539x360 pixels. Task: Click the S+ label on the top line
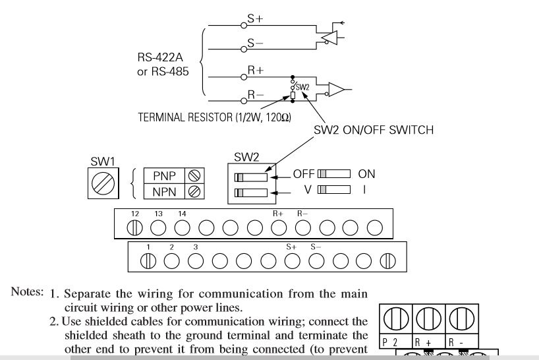(255, 20)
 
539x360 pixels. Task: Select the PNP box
(164, 176)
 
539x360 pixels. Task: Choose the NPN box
(164, 191)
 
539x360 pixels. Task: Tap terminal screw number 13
(157, 227)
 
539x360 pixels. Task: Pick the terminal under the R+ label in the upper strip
(279, 227)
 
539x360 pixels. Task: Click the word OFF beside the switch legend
(303, 175)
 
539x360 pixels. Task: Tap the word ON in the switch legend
(366, 175)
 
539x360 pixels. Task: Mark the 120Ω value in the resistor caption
(278, 117)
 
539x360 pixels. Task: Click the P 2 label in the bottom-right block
(389, 342)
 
